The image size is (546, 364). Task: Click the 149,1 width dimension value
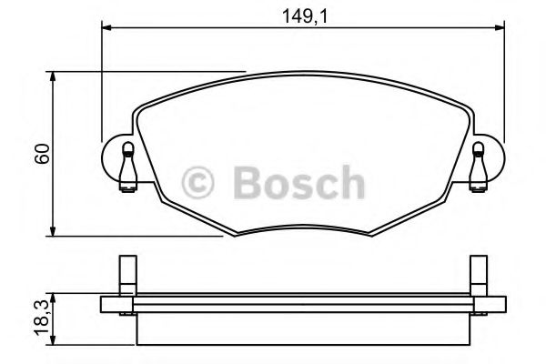point(301,14)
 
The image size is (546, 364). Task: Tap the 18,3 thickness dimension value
point(39,318)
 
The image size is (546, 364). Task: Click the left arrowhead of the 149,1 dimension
point(106,29)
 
